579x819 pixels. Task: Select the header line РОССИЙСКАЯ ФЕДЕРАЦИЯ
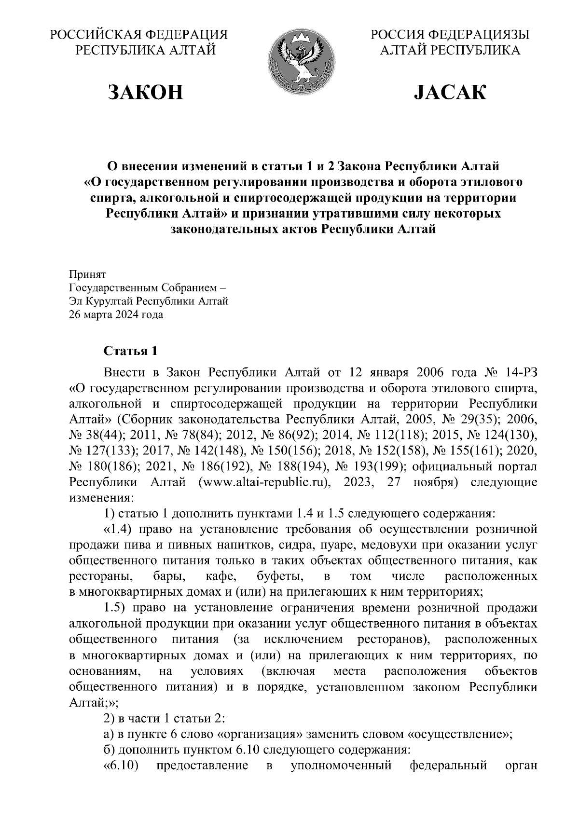coord(139,35)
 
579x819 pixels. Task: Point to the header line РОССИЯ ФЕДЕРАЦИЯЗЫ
coord(450,35)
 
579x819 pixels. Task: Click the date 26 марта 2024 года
coord(116,315)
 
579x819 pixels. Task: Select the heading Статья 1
coord(130,351)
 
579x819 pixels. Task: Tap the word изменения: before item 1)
coord(99,497)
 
